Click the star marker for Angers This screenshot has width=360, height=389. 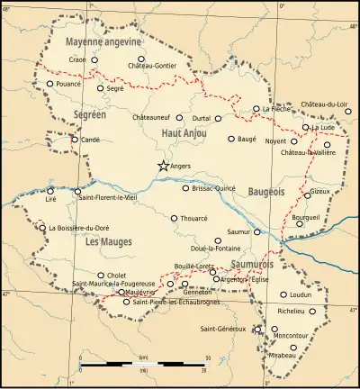click(163, 166)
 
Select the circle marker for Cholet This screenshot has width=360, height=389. click(101, 276)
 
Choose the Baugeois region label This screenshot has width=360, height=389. click(265, 192)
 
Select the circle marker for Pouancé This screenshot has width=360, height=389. click(50, 84)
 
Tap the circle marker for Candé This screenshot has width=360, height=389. click(75, 140)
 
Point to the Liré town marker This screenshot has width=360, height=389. click(50, 191)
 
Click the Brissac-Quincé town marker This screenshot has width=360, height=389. click(185, 188)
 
